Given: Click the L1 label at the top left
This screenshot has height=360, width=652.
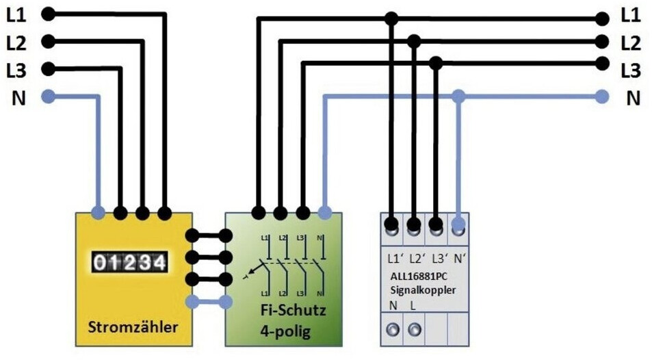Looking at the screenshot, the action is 16,15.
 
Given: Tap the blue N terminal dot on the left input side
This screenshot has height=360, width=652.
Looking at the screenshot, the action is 49,97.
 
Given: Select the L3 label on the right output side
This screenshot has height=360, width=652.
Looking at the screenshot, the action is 631,70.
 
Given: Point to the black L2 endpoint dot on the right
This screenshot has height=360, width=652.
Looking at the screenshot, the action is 601,42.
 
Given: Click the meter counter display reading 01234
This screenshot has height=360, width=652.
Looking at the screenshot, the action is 129,263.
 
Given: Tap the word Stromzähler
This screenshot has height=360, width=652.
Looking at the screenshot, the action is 133,326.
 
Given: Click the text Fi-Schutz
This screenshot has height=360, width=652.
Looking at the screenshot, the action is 293,310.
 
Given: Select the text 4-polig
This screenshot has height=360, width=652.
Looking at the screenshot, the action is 285,332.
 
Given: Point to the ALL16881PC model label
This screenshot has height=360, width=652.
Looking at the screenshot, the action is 419,277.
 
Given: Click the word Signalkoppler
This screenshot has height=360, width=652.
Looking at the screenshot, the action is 423,290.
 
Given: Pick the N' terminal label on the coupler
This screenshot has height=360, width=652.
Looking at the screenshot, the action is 459,259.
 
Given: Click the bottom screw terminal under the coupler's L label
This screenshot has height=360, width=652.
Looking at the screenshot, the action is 414,330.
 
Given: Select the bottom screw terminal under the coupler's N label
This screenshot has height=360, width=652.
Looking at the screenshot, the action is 393,330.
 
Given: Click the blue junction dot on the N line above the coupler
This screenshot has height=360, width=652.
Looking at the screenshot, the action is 458,97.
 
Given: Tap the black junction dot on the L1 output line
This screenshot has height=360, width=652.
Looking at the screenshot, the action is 391,18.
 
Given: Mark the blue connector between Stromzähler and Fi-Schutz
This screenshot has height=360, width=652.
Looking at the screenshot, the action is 209,302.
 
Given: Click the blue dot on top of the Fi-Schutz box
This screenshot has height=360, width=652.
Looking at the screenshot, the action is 325,213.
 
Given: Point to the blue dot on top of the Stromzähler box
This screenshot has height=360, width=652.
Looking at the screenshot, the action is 98,213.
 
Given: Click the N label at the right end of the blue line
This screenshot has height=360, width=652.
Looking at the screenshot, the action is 634,99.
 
